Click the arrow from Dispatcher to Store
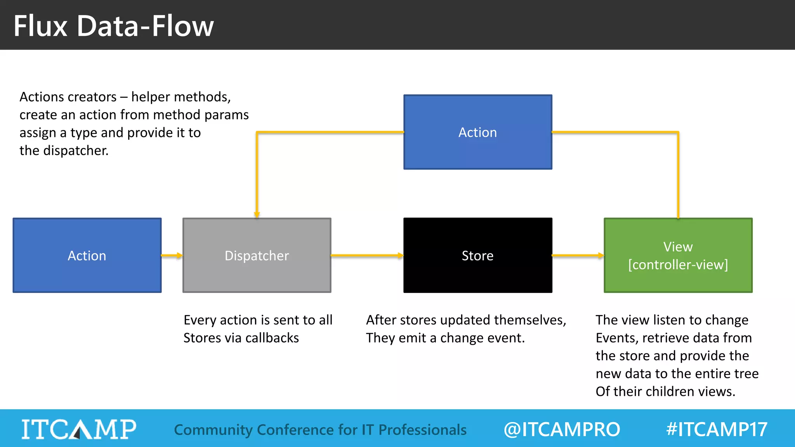tap(367, 255)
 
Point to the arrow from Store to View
tap(578, 255)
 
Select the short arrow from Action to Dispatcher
tap(172, 255)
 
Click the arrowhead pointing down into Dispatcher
tap(257, 214)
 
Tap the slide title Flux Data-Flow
tap(113, 26)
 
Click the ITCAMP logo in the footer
tap(79, 429)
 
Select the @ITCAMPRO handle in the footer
tap(561, 429)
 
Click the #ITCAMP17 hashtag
tap(717, 429)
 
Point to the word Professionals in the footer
tap(422, 430)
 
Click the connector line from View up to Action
tap(678, 175)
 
